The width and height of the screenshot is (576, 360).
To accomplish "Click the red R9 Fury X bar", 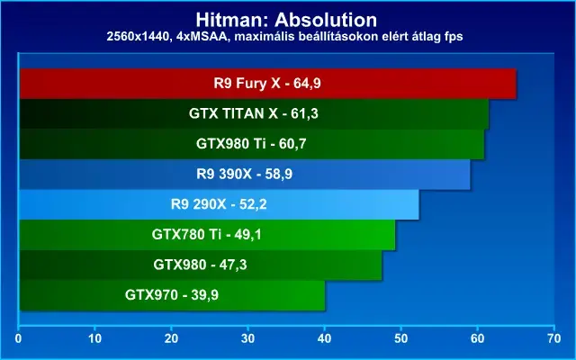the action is [268, 84].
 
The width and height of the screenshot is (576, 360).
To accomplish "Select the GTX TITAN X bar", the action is [254, 114].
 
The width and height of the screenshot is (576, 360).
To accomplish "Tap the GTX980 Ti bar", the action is [252, 144].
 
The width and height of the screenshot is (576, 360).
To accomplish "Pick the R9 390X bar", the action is [245, 175].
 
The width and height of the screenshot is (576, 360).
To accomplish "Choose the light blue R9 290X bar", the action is [219, 204].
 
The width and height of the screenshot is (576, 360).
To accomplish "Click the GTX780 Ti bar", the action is [207, 235].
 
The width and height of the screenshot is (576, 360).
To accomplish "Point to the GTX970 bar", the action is [172, 295].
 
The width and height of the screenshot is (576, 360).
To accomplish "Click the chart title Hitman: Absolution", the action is [286, 20].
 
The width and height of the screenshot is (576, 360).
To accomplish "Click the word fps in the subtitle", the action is [453, 37].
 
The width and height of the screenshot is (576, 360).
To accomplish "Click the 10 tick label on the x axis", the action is [94, 338].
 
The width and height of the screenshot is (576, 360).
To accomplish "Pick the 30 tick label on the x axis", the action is [248, 338].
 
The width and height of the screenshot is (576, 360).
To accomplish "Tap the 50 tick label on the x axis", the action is [401, 338].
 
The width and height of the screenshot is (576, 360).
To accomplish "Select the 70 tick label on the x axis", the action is [554, 338].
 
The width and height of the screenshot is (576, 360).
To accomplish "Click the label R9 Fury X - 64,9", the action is [267, 84].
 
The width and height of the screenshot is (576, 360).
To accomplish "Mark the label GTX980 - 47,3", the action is [200, 265].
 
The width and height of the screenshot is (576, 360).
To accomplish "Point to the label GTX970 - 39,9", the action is [172, 295].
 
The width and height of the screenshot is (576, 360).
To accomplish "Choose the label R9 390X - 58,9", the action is [244, 174].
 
